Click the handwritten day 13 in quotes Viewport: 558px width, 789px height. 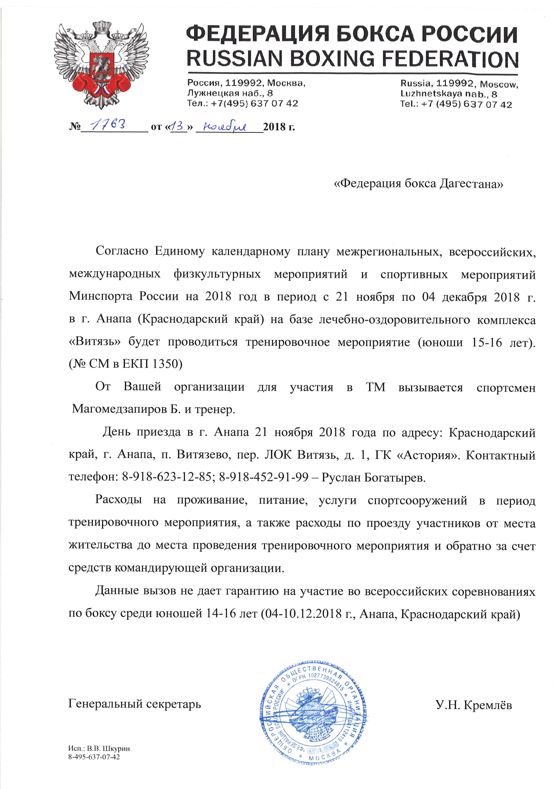[178, 126]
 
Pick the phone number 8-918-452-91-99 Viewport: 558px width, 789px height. [263, 477]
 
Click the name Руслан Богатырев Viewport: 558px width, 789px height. [373, 477]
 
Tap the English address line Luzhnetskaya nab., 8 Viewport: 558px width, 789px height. [448, 94]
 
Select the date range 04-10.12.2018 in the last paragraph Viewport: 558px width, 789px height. [308, 613]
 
